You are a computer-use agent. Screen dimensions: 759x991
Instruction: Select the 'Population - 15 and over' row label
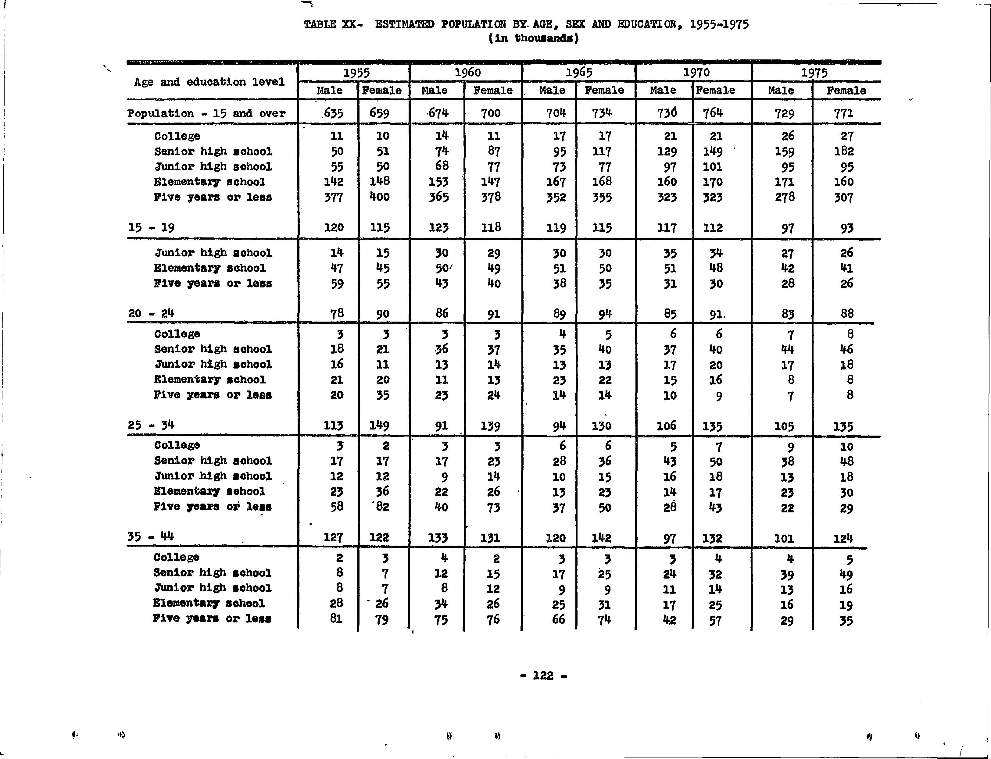(x=206, y=113)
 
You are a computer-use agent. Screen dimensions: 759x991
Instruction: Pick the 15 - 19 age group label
(x=151, y=227)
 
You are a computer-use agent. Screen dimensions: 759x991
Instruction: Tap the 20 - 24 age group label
(x=151, y=313)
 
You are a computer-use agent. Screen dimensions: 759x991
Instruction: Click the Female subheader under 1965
(x=604, y=90)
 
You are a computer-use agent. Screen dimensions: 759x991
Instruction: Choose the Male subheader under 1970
(x=663, y=90)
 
